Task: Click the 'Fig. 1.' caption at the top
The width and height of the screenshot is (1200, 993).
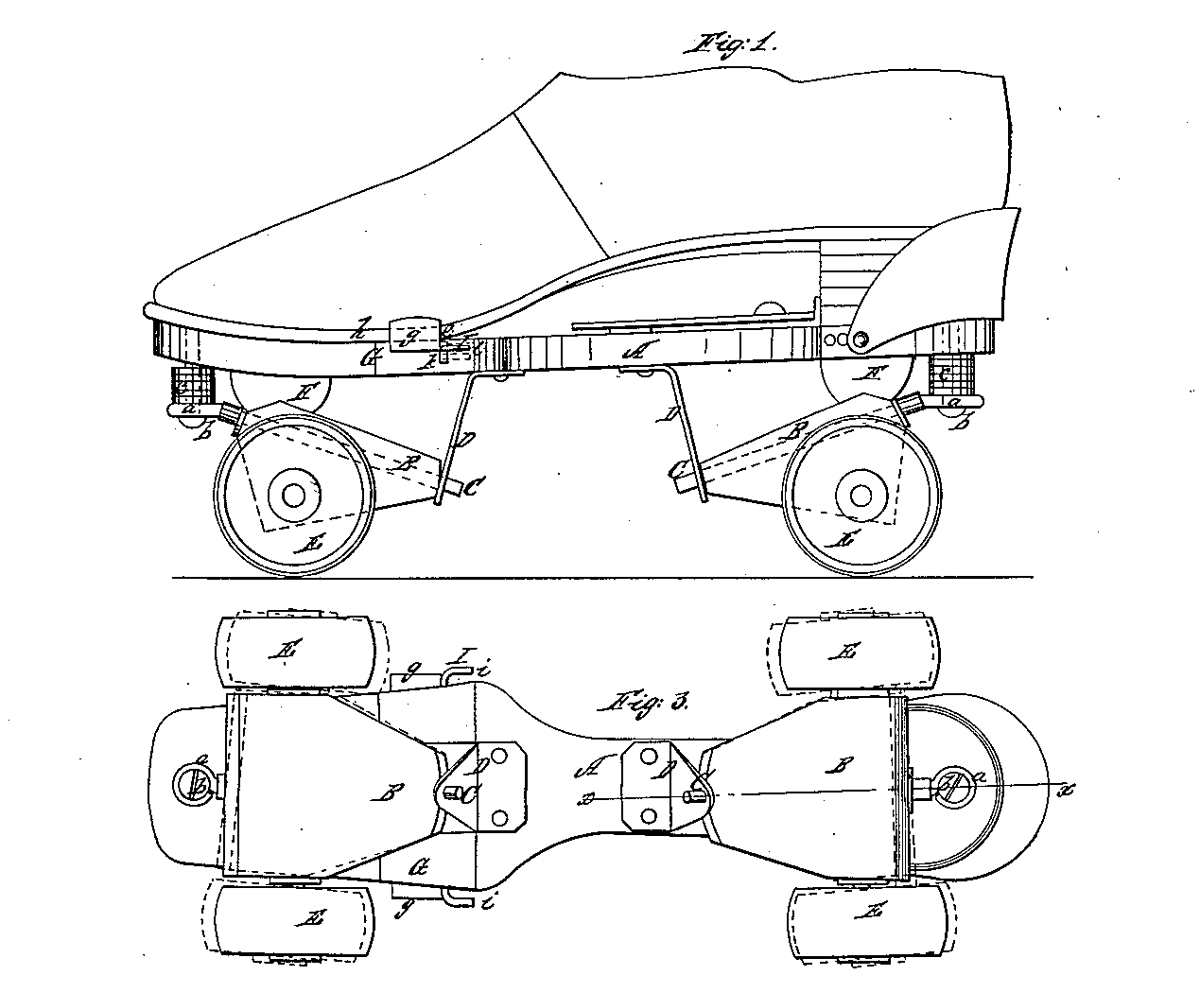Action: tap(734, 44)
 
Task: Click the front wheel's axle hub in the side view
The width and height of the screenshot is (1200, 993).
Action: tap(292, 495)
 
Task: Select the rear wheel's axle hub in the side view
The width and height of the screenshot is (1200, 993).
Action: tap(860, 495)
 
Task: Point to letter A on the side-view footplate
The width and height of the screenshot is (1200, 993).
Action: tap(636, 351)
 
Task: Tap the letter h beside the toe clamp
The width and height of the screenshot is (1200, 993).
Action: tap(360, 330)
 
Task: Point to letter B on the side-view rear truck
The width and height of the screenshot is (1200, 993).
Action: tap(796, 433)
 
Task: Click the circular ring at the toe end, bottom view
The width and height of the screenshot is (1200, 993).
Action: tap(193, 782)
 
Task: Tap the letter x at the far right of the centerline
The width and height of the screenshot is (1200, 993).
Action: tap(1067, 787)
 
